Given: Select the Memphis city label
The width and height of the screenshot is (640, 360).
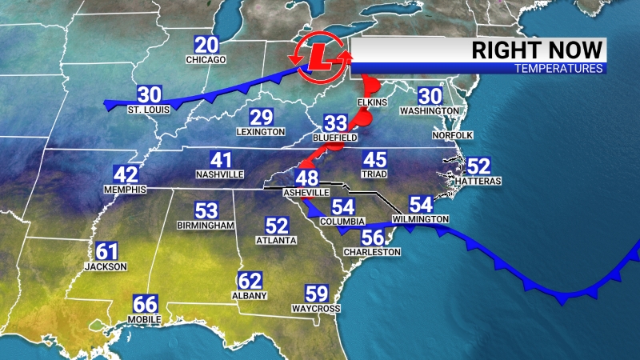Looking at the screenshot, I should point(125,190).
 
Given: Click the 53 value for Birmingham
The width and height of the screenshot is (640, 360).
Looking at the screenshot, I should point(206,211).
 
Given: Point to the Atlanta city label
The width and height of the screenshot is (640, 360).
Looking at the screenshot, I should point(276,240).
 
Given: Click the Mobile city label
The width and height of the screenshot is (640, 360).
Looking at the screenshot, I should point(145,320).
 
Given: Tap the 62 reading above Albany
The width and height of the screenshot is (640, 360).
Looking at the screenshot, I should point(250,281).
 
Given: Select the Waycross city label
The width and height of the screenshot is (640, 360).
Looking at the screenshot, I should point(318,309).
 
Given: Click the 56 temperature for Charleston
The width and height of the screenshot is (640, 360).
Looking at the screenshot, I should point(372,238).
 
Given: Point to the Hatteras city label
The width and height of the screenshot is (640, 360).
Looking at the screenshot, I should point(478,182).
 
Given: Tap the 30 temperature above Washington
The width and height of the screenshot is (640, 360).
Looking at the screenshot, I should point(430,94).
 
